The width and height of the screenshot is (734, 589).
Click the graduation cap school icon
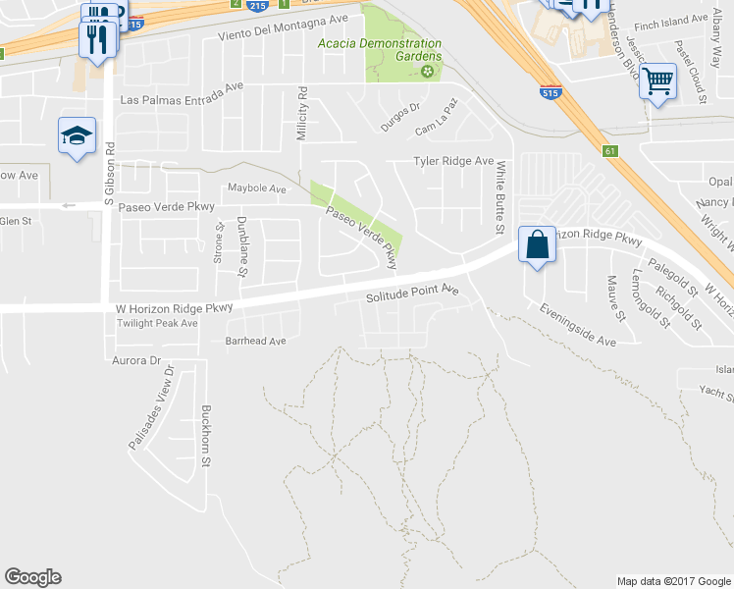tap(76, 135)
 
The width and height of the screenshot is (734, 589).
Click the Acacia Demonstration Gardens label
tap(379, 50)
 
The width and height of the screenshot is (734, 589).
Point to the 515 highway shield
tap(550, 92)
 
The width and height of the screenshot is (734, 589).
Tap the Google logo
tap(32, 577)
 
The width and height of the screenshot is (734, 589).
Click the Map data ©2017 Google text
tap(674, 581)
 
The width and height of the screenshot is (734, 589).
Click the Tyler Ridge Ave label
tap(452, 161)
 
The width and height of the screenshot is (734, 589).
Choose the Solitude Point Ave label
tap(412, 294)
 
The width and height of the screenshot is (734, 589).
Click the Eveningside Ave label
tap(577, 324)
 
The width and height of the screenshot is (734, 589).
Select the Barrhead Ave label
tap(255, 341)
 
